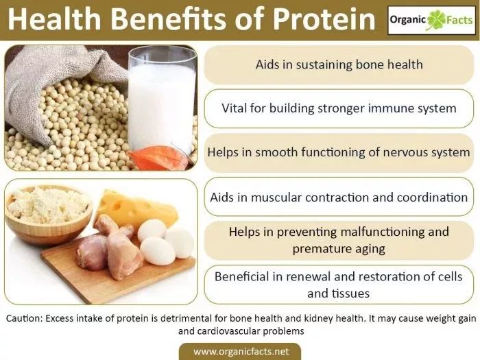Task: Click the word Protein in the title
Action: [324, 19]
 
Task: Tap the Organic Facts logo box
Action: [431, 20]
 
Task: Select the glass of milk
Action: [162, 99]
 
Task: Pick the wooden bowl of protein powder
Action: [48, 213]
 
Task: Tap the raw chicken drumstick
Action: [119, 248]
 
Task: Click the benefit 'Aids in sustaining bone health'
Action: [339, 64]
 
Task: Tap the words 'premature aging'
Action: [339, 249]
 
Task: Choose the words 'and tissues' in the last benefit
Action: [339, 293]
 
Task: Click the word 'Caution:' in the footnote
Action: [24, 318]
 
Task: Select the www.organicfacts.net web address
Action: [241, 351]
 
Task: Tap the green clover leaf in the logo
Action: [436, 20]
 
